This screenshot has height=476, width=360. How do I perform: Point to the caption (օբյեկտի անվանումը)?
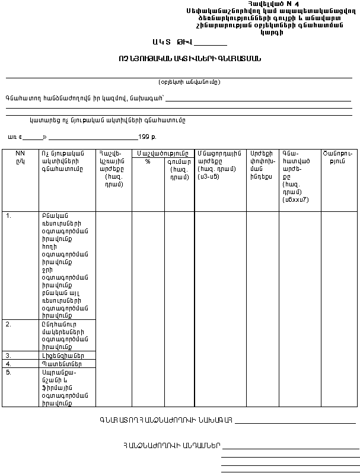pos(189,82)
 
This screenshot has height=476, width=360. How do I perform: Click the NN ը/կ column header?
pos(20,157)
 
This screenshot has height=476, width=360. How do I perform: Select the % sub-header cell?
pos(148,161)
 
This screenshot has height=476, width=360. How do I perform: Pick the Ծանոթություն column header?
pos(339,157)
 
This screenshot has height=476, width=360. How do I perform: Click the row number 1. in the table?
pos(9,216)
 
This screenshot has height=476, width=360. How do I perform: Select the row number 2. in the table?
pos(9,325)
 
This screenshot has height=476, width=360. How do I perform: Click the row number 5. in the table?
pos(9,372)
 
